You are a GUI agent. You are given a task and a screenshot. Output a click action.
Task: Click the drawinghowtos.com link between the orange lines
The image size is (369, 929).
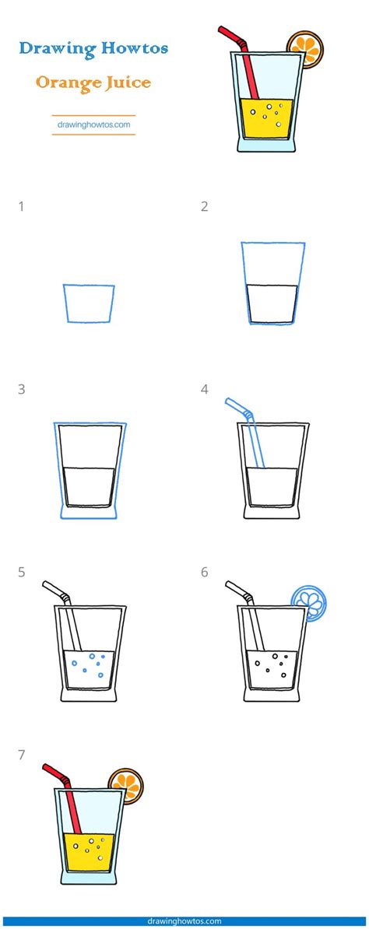pos(93,125)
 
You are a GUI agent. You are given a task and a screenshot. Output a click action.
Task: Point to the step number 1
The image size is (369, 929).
pos(22,207)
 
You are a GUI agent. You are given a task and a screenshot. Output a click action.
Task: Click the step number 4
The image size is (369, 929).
pos(205,389)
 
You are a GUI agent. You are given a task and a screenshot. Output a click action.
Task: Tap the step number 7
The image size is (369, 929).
pos(22,755)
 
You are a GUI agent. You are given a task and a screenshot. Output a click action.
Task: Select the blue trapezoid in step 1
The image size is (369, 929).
pos(89,303)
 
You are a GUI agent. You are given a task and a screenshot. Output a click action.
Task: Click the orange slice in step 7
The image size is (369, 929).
pos(126,786)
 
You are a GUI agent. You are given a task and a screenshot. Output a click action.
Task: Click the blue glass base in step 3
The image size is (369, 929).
pos(88,513)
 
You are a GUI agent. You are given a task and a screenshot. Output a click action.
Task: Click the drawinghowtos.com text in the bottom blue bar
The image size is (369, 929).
pos(184,921)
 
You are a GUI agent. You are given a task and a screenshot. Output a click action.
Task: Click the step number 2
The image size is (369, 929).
pos(205,207)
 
